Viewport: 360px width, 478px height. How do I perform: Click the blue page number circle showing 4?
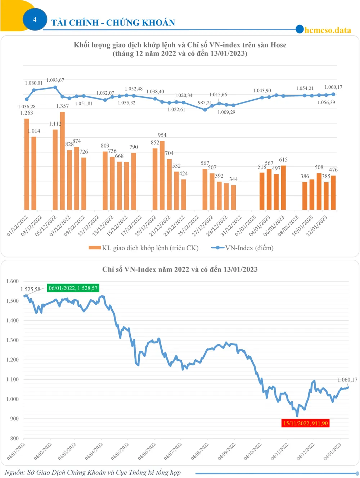35,19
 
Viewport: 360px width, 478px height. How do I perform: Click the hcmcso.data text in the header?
328,30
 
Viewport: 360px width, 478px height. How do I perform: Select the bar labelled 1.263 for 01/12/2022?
27,164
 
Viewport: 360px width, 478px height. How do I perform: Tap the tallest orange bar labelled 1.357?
62,160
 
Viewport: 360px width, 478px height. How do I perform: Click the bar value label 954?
162,135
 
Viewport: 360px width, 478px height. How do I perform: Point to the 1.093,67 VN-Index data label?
55,80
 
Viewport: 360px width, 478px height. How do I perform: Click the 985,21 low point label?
205,103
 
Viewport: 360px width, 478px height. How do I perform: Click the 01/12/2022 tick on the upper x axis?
18,226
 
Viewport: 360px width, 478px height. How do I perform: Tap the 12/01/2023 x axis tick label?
317,226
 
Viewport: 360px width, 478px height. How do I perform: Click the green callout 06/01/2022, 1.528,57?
73,288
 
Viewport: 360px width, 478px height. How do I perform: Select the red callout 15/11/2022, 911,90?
305,423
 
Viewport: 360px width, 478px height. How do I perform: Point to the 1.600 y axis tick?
13,281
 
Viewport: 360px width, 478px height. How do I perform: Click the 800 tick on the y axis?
14,438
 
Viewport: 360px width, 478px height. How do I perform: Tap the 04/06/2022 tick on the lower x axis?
147,451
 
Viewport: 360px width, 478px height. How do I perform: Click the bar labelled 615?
283,187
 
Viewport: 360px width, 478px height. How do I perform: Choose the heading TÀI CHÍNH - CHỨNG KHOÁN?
113,23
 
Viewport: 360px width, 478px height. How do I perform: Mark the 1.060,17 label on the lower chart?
347,380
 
